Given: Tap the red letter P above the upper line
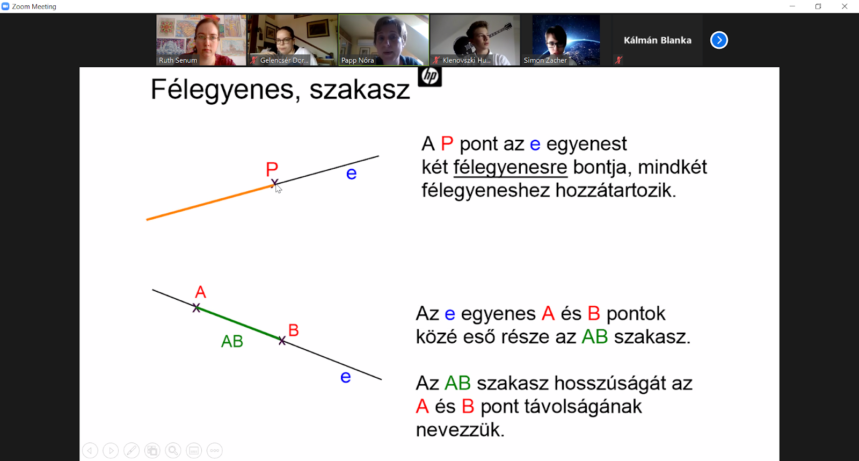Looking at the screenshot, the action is [272, 169].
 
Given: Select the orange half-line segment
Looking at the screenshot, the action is [210, 202].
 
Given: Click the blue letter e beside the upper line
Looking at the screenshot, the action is [351, 174].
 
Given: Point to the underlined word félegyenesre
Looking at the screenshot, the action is [510, 167].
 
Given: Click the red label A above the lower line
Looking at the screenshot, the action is [200, 292].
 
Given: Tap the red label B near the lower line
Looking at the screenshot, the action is [293, 330].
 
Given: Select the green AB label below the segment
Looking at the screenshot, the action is [232, 341].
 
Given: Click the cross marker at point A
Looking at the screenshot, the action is [196, 307].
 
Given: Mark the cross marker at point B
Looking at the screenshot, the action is [282, 341].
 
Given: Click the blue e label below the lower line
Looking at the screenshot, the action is [346, 377].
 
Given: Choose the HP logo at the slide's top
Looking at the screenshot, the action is [429, 76].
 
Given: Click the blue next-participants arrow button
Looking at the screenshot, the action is [719, 40].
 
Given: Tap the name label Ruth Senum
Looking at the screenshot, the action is [178, 60].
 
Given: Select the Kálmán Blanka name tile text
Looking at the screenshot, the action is [657, 40].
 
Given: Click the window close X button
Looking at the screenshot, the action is [845, 6].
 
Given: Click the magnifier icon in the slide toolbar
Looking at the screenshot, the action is [173, 450].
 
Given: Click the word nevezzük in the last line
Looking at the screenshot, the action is [460, 430].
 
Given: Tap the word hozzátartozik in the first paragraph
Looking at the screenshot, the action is [615, 190].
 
